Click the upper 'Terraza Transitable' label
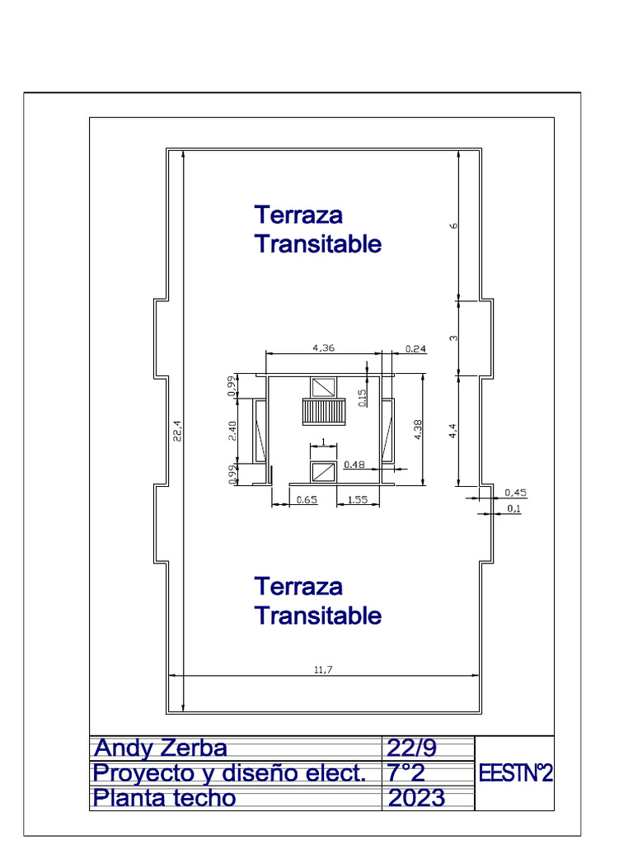(317, 229)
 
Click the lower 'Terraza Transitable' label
(317, 601)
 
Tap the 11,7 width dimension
(323, 669)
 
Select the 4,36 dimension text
(323, 348)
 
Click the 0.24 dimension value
(415, 348)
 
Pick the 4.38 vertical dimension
(418, 431)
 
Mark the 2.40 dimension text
(232, 431)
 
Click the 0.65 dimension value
(307, 499)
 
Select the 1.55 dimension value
(358, 499)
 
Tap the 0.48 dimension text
(354, 464)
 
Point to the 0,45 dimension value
(515, 493)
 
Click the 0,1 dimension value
(513, 508)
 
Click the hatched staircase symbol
(322, 409)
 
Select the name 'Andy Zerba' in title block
(161, 748)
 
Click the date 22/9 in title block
(411, 748)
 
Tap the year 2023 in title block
(416, 798)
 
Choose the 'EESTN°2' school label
(515, 774)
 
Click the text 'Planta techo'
(164, 798)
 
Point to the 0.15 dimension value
(362, 398)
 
